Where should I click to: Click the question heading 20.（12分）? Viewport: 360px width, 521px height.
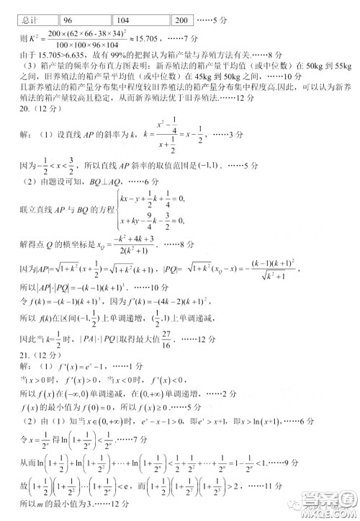pyautogui.click(x=36, y=117)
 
